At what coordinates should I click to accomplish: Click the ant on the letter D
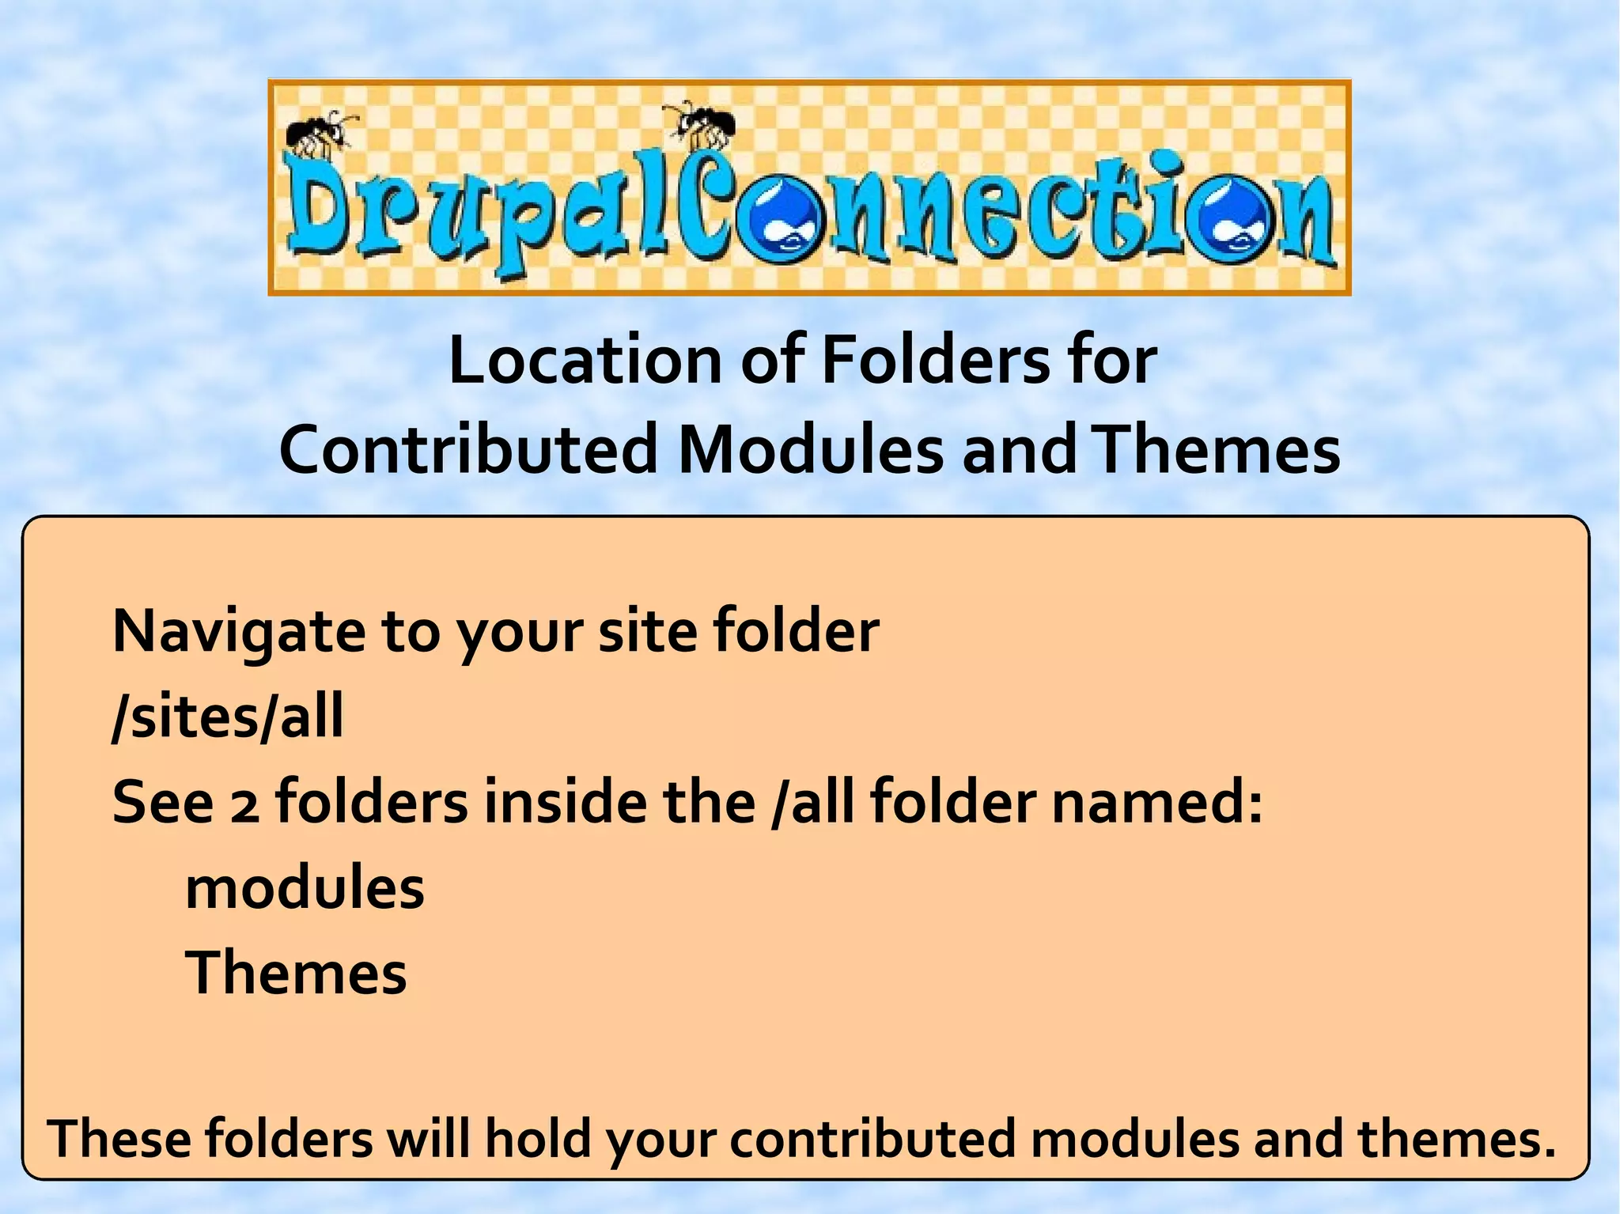tap(320, 131)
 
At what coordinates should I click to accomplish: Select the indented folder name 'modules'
tap(305, 888)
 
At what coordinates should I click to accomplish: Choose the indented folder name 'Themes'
tap(296, 973)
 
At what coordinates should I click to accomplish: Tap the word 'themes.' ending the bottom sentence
tap(1456, 1140)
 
